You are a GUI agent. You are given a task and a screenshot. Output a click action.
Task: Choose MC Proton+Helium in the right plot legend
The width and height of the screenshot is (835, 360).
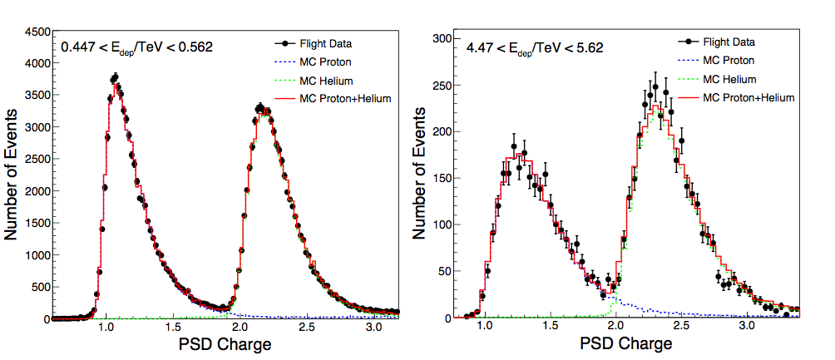pos(749,97)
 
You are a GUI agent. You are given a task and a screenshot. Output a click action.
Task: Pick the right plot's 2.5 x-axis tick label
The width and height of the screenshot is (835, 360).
pos(681,328)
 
